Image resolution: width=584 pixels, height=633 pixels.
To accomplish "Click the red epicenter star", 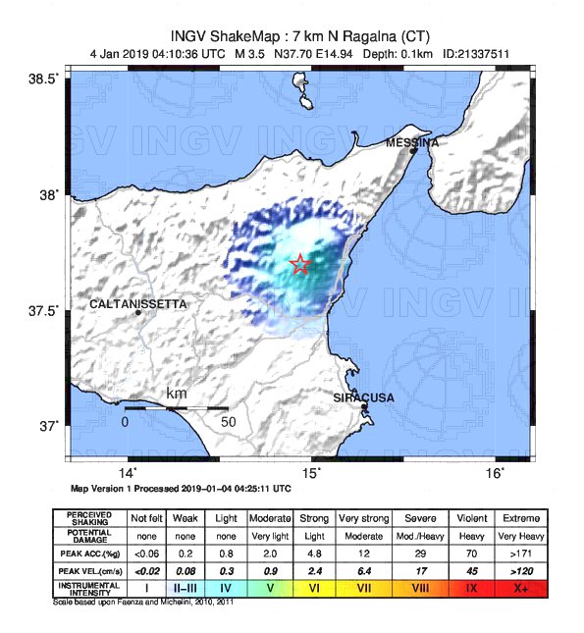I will pyautogui.click(x=300, y=264).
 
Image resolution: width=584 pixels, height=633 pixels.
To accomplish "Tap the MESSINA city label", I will pyautogui.click(x=411, y=142).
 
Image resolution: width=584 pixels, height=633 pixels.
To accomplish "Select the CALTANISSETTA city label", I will pyautogui.click(x=137, y=304).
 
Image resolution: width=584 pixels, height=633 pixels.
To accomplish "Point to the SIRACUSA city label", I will pyautogui.click(x=363, y=397).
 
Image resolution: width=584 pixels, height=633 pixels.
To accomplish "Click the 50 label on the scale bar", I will pyautogui.click(x=229, y=422).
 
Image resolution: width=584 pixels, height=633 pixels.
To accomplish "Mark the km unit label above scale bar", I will pyautogui.click(x=177, y=395).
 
